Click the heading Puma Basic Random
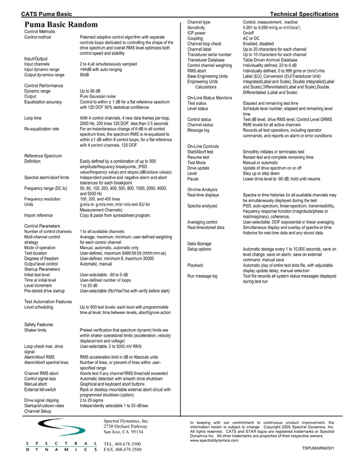click(x=61, y=26)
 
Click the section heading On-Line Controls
click(x=203, y=145)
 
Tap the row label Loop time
click(x=33, y=118)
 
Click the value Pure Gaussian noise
click(x=98, y=96)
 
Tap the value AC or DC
click(x=252, y=38)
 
